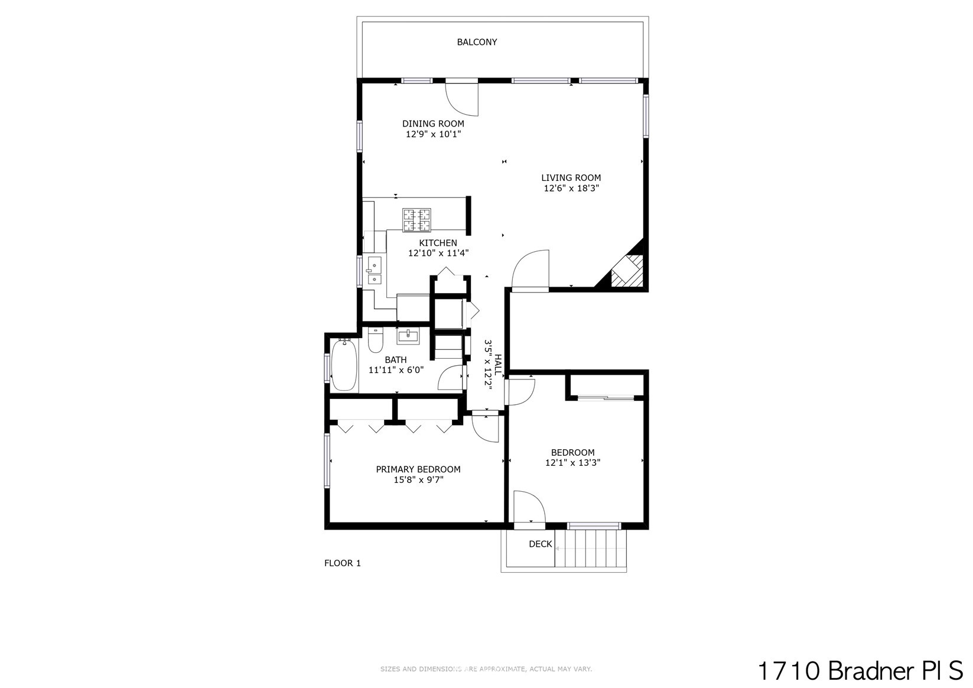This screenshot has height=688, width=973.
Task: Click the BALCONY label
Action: (x=477, y=42)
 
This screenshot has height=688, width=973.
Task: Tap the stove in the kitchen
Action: (x=416, y=220)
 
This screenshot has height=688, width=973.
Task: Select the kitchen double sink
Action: (x=375, y=270)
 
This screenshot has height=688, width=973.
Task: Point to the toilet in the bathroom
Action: (x=375, y=340)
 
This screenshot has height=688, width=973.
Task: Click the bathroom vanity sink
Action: (x=408, y=336)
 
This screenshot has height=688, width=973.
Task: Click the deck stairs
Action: (x=591, y=549)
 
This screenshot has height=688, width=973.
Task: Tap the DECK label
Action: (x=541, y=544)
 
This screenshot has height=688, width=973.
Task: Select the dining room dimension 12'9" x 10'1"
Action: (x=433, y=134)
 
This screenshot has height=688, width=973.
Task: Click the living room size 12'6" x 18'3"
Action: (x=571, y=188)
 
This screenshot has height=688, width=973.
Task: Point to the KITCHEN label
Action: (x=438, y=243)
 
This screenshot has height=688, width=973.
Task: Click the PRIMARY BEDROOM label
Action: (x=418, y=469)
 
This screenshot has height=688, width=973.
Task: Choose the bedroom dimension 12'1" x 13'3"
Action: (x=572, y=463)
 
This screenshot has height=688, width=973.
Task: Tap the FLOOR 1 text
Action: (x=342, y=563)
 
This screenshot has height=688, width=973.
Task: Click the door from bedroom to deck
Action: (x=529, y=509)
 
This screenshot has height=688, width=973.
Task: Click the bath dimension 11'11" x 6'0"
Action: (x=396, y=370)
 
